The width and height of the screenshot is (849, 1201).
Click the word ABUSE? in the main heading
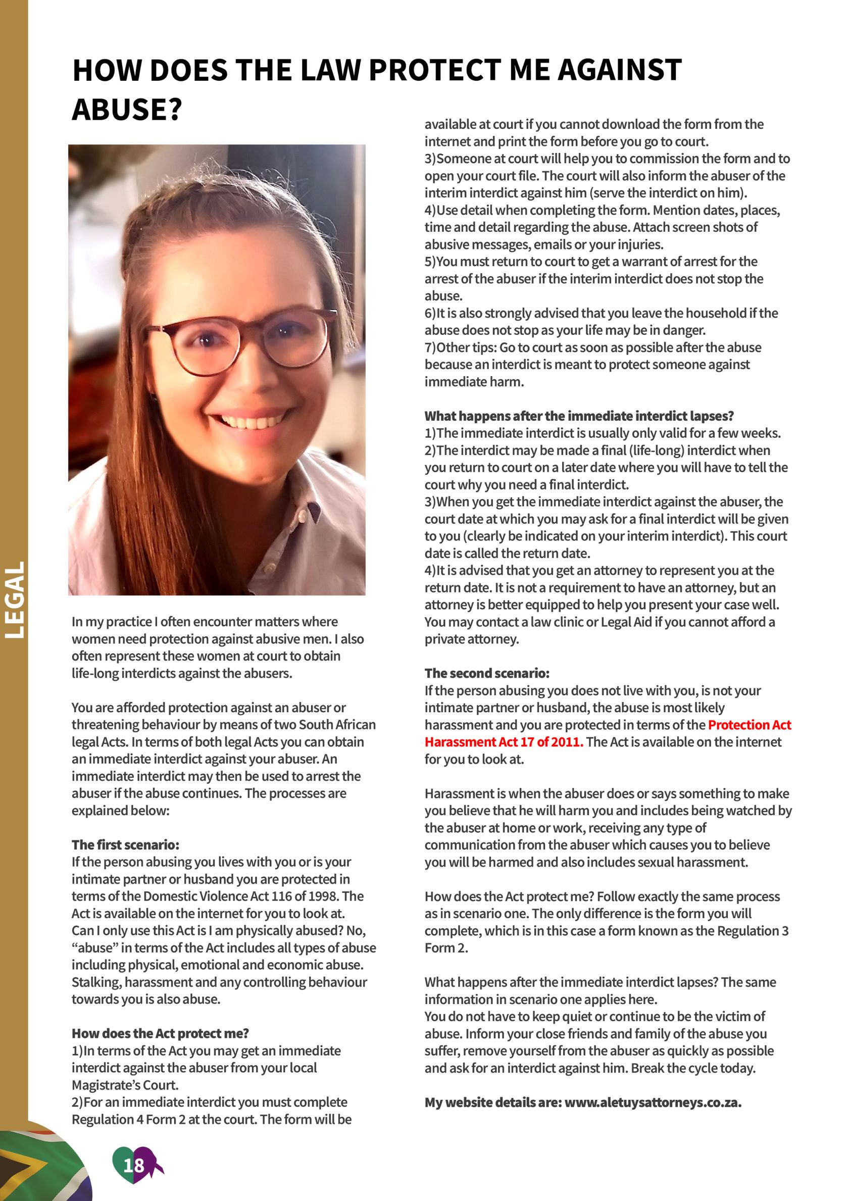127,109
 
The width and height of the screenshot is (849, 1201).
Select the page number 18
133,1165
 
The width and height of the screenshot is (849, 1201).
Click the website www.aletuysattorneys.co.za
653,1103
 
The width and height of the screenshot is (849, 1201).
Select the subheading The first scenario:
126,845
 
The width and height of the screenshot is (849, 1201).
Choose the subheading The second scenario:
486,673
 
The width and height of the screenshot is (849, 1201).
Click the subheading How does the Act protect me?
160,1034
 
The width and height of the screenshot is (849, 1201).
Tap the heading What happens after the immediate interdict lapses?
579,416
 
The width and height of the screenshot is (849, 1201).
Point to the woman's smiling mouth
246,418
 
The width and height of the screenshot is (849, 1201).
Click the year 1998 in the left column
323,896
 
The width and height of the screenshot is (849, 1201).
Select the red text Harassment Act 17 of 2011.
503,742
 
